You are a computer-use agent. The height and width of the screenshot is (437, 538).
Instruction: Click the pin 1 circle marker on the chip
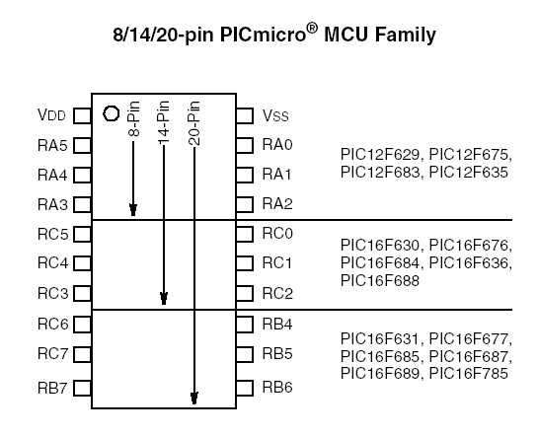click(x=112, y=113)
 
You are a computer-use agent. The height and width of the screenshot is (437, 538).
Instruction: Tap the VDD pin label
click(x=51, y=115)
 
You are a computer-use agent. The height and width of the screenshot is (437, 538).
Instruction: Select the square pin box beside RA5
click(x=82, y=145)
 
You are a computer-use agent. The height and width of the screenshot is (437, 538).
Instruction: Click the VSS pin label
click(x=275, y=115)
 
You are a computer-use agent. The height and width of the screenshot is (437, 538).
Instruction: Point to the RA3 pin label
click(x=52, y=204)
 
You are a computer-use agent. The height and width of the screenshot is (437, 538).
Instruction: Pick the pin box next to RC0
click(x=245, y=234)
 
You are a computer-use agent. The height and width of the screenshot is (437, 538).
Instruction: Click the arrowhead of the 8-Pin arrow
click(x=133, y=210)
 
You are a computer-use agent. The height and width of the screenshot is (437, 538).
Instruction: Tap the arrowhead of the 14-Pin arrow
click(x=164, y=298)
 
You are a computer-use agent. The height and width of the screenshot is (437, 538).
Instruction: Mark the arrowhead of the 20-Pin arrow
click(x=194, y=398)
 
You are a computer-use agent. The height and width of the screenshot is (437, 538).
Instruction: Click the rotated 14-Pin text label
click(x=164, y=122)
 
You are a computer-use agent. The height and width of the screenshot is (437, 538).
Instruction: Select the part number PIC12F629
click(x=380, y=154)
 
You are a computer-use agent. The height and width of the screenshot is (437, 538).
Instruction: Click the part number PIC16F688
click(x=380, y=281)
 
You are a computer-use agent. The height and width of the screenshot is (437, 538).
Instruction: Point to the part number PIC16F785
click(x=469, y=373)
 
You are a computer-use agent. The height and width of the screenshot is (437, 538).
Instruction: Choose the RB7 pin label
click(x=52, y=388)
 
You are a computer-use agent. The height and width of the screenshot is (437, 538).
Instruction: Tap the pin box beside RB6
click(x=245, y=388)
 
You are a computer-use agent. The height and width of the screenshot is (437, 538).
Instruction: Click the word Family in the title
click(x=405, y=35)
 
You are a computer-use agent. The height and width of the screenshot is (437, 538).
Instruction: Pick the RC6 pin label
click(x=53, y=324)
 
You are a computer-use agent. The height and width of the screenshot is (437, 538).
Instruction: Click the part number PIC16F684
click(x=380, y=262)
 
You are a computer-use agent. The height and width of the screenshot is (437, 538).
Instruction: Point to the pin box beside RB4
click(x=245, y=325)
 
